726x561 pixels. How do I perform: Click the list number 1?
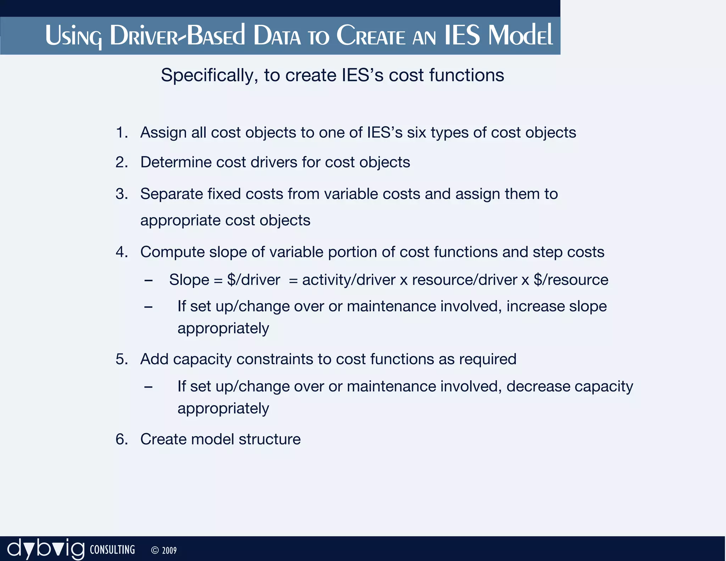(122, 133)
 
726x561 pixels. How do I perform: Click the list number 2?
(122, 162)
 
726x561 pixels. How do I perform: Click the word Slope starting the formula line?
(189, 280)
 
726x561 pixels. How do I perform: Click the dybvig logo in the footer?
(46, 549)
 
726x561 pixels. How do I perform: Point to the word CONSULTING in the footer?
(112, 550)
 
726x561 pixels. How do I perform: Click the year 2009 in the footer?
(169, 551)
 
